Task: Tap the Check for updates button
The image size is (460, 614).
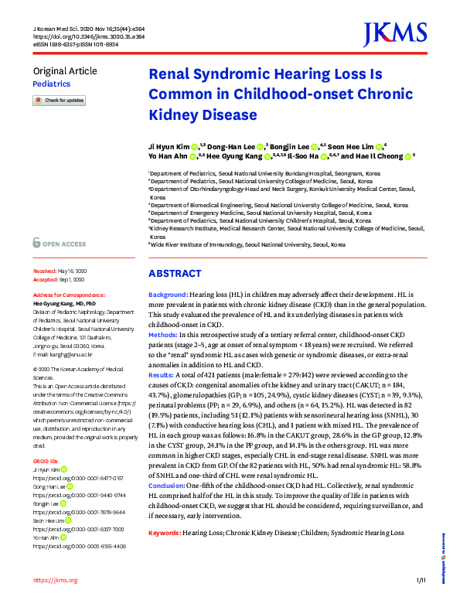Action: pyautogui.click(x=59, y=101)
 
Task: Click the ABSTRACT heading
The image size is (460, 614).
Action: pyautogui.click(x=174, y=274)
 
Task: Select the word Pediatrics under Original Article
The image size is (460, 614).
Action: pyautogui.click(x=51, y=83)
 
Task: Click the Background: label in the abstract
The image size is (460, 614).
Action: pyautogui.click(x=168, y=296)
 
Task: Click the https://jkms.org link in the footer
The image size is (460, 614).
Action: pyautogui.click(x=55, y=602)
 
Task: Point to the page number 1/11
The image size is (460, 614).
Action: pyautogui.click(x=421, y=602)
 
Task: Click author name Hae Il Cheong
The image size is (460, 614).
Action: pyautogui.click(x=378, y=155)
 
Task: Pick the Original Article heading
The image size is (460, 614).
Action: pyautogui.click(x=65, y=71)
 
